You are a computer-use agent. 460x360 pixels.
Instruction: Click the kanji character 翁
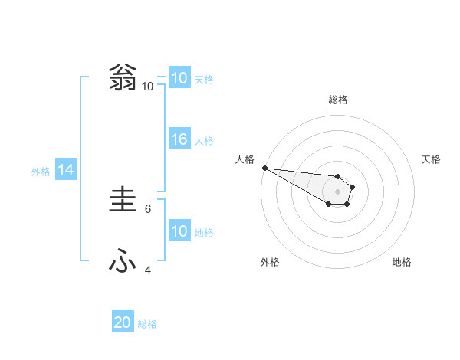click(x=122, y=78)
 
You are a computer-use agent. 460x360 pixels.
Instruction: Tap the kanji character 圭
click(x=122, y=201)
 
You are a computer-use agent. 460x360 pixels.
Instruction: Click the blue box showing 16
click(x=179, y=139)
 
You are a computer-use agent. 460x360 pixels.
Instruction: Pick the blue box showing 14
click(x=66, y=171)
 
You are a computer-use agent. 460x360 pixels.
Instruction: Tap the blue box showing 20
click(x=123, y=323)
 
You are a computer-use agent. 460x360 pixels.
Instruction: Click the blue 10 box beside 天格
click(x=179, y=78)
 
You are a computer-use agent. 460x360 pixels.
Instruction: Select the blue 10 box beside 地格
click(x=179, y=231)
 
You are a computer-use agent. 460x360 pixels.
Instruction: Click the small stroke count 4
click(x=148, y=270)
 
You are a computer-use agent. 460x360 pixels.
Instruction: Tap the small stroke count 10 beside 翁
click(x=147, y=87)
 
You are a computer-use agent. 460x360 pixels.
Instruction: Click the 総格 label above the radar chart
click(x=337, y=100)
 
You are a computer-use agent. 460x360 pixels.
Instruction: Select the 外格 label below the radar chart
click(x=270, y=262)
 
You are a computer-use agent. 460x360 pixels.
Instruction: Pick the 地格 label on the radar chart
click(x=402, y=262)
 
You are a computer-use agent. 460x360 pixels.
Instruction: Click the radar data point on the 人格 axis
click(x=264, y=168)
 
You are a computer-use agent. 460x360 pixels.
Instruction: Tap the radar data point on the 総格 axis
click(x=337, y=177)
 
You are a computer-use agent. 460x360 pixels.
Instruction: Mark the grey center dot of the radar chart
click(x=337, y=191)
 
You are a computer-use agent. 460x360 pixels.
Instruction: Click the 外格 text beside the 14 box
click(x=41, y=172)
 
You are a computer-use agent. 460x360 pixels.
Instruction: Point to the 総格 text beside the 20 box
click(x=147, y=324)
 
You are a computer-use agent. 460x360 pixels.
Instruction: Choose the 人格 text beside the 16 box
click(x=204, y=140)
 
